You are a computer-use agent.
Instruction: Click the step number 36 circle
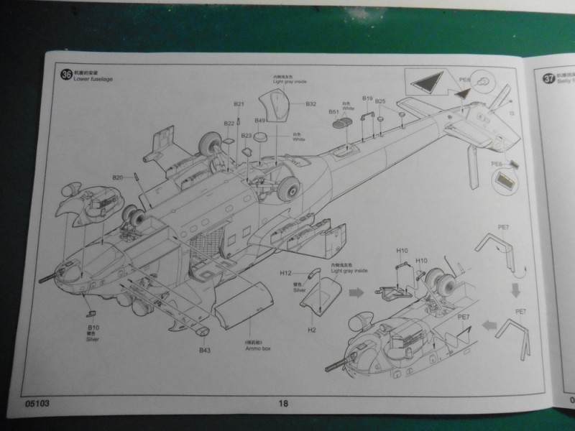[x=67, y=73]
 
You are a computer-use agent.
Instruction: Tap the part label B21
[x=239, y=104]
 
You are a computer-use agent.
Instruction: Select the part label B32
[x=310, y=104]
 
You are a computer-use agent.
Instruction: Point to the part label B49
[x=260, y=120]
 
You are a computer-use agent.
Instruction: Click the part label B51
[x=334, y=112]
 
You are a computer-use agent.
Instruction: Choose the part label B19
[x=367, y=98]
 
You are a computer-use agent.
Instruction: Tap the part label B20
[x=118, y=177]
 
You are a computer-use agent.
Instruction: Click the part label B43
[x=205, y=350]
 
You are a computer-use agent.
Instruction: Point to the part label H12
[x=285, y=274]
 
